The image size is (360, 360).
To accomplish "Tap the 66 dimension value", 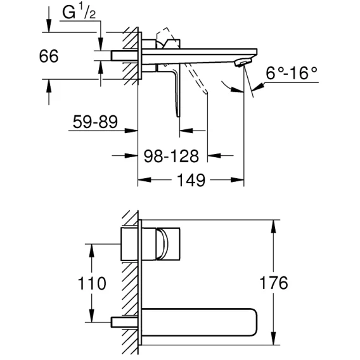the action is coord(49,56).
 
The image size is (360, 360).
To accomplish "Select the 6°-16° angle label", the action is coord(292,74).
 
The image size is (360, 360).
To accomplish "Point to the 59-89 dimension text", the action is coord(95,122).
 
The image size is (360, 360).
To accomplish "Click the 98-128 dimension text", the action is coord(171,156).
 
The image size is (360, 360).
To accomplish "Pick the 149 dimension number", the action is coord(191,180).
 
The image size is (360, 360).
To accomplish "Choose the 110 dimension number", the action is coord(92,283).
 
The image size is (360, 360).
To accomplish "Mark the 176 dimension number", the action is coord(273,283).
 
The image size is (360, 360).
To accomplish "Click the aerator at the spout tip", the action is coord(243,62).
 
